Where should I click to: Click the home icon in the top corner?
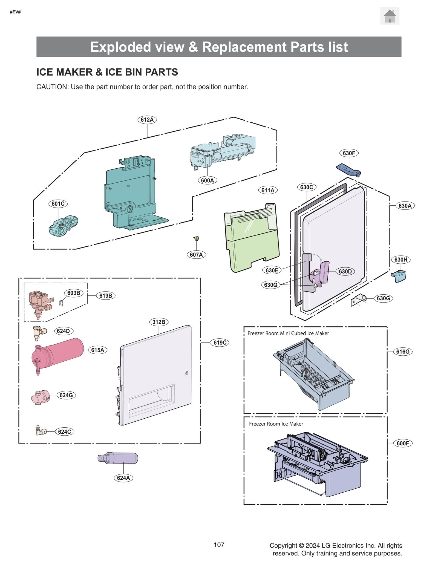click(x=389, y=16)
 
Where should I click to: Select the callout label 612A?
click(x=147, y=120)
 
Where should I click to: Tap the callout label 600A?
click(x=207, y=180)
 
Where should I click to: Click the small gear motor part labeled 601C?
click(x=63, y=226)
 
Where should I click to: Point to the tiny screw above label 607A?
click(x=196, y=238)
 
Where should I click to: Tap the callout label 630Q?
click(x=270, y=285)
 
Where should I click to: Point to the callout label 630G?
click(x=383, y=298)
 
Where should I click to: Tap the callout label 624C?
click(x=64, y=432)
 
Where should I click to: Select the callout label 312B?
click(x=159, y=322)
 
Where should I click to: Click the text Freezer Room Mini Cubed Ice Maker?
click(x=288, y=333)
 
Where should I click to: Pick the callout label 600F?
click(x=402, y=443)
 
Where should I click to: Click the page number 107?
click(x=219, y=545)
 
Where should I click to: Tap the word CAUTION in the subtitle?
click(x=52, y=87)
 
